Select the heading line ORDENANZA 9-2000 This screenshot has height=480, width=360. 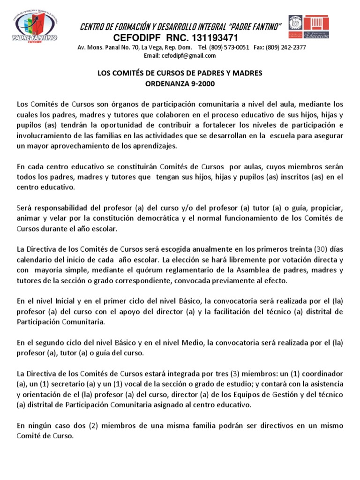coord(180,83)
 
